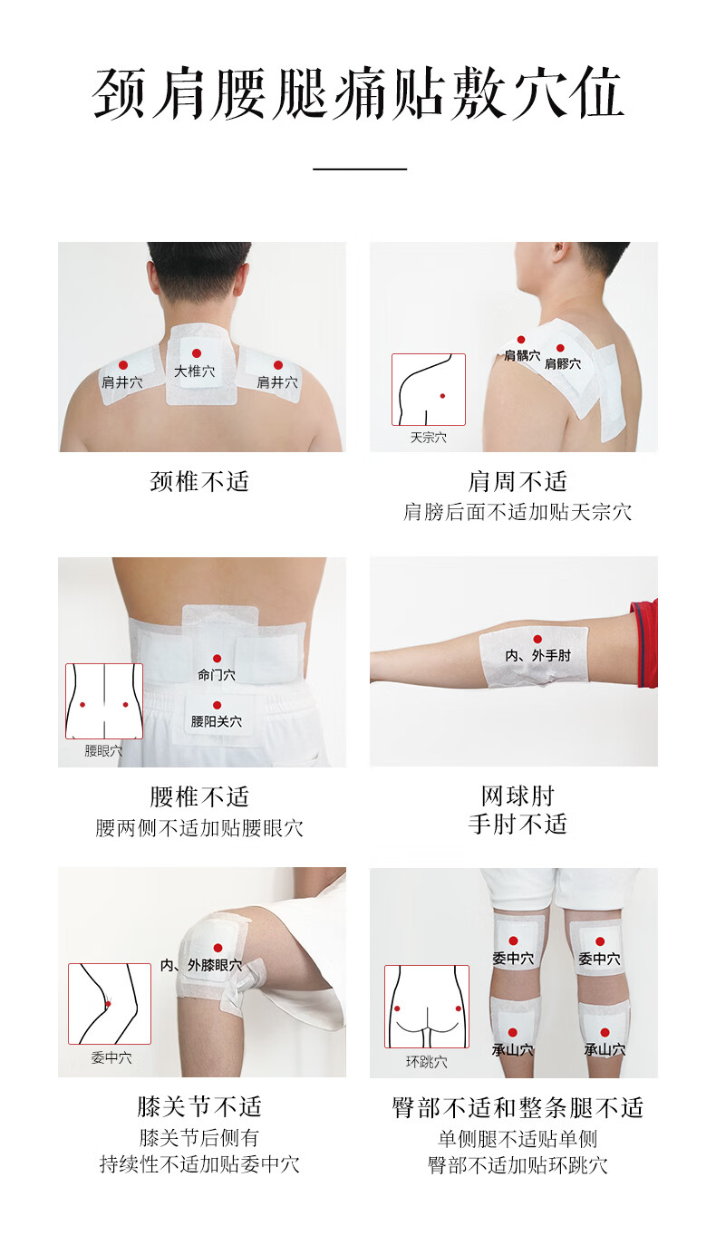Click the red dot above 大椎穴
[x=196, y=353]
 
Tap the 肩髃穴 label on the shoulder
[x=522, y=355]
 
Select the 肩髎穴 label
[x=563, y=364]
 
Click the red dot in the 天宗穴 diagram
[x=442, y=396]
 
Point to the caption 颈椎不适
[x=199, y=481]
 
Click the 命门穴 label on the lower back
[x=217, y=674]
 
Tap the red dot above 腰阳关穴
[x=217, y=705]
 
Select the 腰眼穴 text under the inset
[x=103, y=750]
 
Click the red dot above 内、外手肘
[x=537, y=639]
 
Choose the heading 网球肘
[x=518, y=796]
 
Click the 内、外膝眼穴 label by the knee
[x=201, y=965]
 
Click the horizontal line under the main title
[x=360, y=169]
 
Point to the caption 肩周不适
[x=518, y=481]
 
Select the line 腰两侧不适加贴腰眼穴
[x=199, y=828]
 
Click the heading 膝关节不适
[x=199, y=1106]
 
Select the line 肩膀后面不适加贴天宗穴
[x=518, y=512]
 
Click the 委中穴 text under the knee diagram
[x=111, y=1058]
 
